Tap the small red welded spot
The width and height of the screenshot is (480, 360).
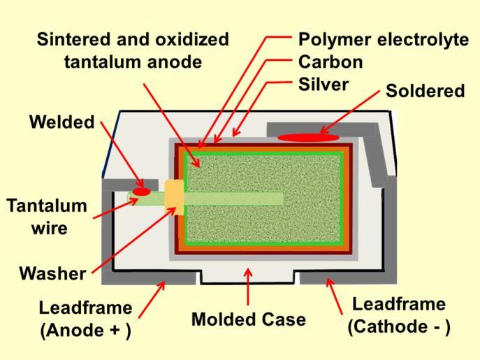click(x=142, y=191)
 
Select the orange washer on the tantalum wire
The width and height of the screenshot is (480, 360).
click(x=173, y=198)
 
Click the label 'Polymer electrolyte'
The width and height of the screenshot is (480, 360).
click(x=384, y=39)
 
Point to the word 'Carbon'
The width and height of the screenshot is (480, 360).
click(x=330, y=62)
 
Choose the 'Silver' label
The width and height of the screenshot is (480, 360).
click(x=323, y=84)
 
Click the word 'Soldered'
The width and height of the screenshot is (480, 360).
click(x=425, y=91)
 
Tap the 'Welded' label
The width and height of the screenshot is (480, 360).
click(x=61, y=122)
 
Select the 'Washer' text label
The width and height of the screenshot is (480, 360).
click(x=52, y=273)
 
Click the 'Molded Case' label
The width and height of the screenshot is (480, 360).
click(x=248, y=319)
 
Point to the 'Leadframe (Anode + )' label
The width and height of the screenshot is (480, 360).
click(x=85, y=319)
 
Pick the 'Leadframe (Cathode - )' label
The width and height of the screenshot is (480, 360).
click(x=399, y=315)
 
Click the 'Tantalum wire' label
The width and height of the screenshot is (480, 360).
click(x=48, y=217)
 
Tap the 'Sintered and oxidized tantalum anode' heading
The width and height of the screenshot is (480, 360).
click(x=133, y=50)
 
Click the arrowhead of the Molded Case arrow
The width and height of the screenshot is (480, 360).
click(x=248, y=272)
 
